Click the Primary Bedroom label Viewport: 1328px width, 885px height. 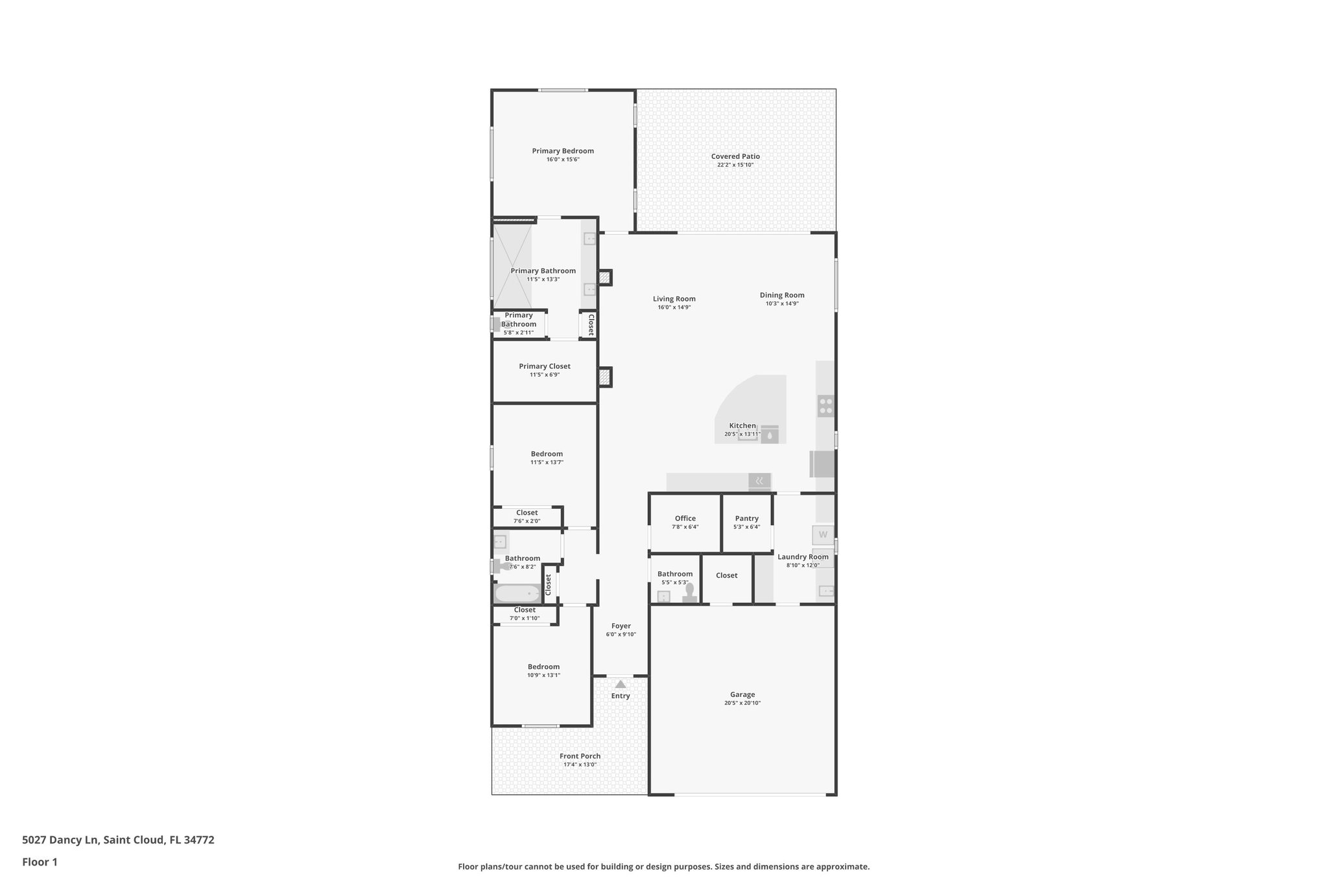563,151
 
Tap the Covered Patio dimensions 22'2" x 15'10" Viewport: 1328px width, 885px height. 735,165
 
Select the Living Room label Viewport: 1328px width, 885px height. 674,299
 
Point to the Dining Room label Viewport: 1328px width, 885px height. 782,295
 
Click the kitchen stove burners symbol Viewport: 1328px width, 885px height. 825,406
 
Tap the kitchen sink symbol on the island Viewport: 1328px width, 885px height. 769,435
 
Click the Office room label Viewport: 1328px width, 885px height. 685,518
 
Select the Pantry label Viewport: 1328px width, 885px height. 746,518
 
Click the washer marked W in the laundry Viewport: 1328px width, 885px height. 823,535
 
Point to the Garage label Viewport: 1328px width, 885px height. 742,694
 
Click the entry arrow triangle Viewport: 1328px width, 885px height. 621,684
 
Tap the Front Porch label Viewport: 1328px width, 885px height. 580,756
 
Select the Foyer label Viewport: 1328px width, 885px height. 621,626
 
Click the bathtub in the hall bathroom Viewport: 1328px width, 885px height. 517,593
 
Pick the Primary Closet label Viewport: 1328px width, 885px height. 545,366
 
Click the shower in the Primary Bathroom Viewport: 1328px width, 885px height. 512,265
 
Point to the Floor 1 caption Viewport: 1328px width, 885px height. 40,862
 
